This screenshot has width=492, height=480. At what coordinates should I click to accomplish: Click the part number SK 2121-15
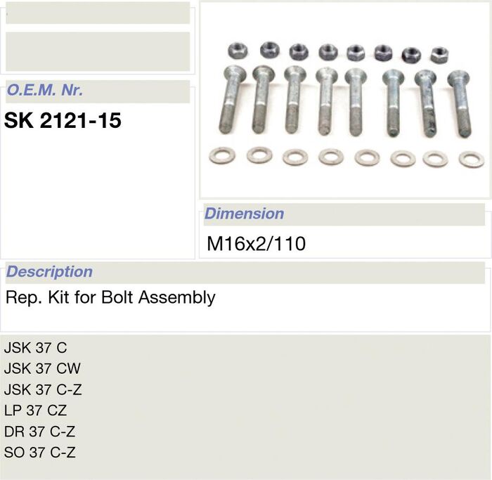(x=63, y=120)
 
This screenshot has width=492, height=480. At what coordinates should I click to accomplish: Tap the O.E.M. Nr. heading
(x=45, y=91)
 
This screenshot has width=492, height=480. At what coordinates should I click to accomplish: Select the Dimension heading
(x=244, y=214)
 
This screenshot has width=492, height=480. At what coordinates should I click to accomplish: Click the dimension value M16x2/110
(x=256, y=244)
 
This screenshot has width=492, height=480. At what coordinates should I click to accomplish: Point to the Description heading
(x=49, y=272)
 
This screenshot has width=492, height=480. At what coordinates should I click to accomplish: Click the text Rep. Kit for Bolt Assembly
(x=110, y=297)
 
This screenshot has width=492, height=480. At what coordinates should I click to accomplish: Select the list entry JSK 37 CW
(x=42, y=368)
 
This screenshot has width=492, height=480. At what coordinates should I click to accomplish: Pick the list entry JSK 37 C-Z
(x=43, y=389)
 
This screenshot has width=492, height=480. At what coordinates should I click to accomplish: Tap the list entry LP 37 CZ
(x=35, y=410)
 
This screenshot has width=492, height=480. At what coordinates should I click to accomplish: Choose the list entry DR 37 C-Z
(x=39, y=432)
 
